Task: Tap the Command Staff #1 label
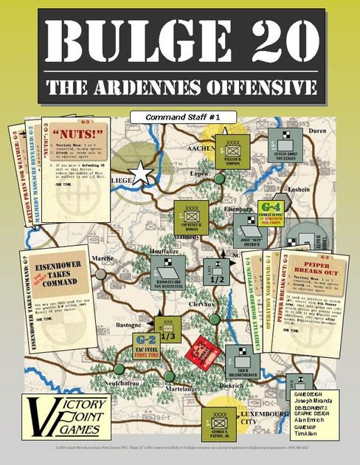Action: point(180,117)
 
